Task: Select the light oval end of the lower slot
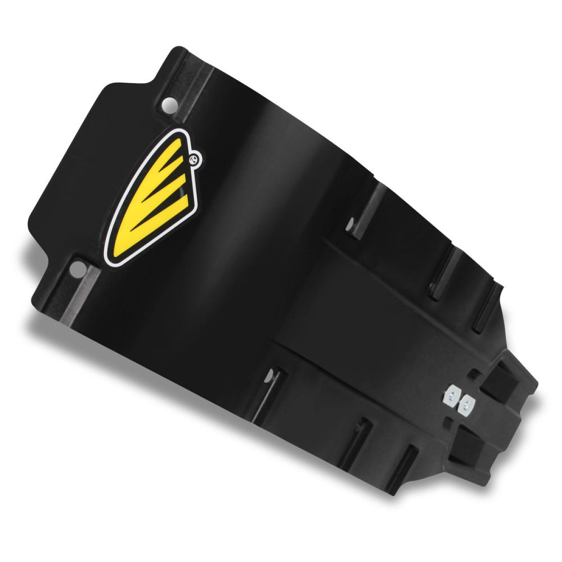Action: click(x=271, y=375)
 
